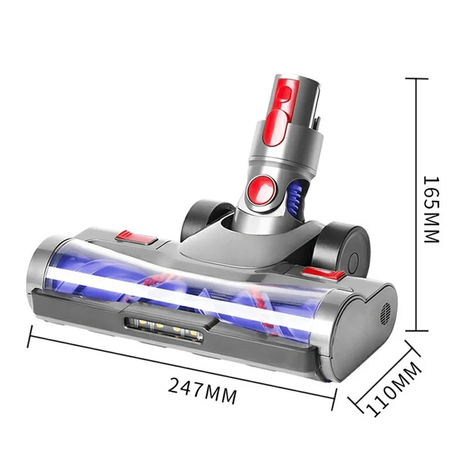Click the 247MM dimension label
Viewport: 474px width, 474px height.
(202, 392)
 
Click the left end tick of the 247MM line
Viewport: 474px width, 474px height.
(30, 339)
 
